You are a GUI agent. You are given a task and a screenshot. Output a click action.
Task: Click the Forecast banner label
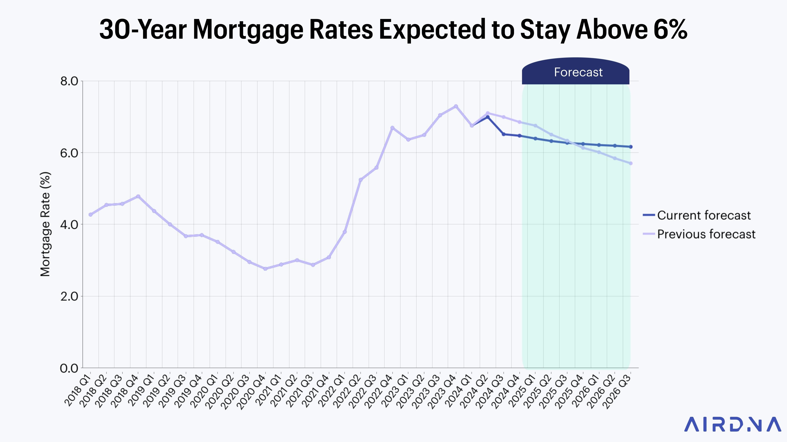tap(578, 72)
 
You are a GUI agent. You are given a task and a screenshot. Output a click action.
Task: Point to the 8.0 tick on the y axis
tap(69, 81)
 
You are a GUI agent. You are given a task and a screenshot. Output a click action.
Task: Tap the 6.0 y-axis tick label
tap(69, 153)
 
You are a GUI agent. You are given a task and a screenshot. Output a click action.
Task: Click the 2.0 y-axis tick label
tap(69, 296)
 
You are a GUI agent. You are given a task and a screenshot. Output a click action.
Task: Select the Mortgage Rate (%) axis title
tap(45, 224)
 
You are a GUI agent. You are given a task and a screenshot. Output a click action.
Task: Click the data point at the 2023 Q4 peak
tap(456, 106)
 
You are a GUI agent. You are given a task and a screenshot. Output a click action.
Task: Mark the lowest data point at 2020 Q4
tap(265, 269)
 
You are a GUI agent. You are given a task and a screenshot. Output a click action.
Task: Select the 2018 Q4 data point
tap(138, 196)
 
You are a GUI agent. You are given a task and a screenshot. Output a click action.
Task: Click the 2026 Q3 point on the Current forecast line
tap(631, 147)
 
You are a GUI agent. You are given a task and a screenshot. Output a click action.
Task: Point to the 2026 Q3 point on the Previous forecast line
tap(631, 163)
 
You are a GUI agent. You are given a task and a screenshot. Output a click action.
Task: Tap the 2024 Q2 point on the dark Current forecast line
tap(488, 117)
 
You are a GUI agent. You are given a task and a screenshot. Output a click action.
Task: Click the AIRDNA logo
tap(732, 424)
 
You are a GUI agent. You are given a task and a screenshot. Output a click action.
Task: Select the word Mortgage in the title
tap(248, 30)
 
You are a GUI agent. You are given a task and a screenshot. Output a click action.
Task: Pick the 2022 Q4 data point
tap(392, 128)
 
